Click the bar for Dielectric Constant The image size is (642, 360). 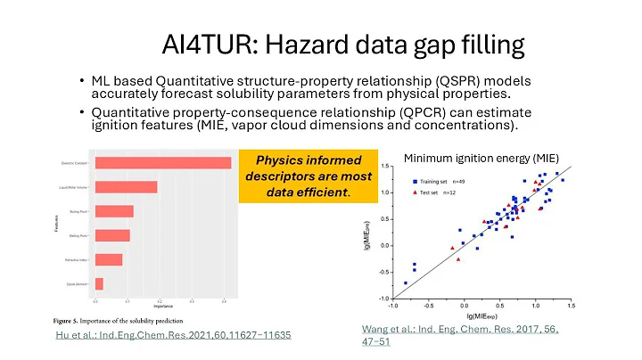(162, 162)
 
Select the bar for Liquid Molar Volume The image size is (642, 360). (126, 186)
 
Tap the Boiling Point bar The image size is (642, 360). (113, 211)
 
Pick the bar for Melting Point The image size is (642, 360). (111, 235)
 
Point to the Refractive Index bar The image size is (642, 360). (108, 259)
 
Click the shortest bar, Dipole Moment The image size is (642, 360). (99, 283)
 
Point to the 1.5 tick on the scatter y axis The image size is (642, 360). (383, 166)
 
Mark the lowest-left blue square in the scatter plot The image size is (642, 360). (405, 282)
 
